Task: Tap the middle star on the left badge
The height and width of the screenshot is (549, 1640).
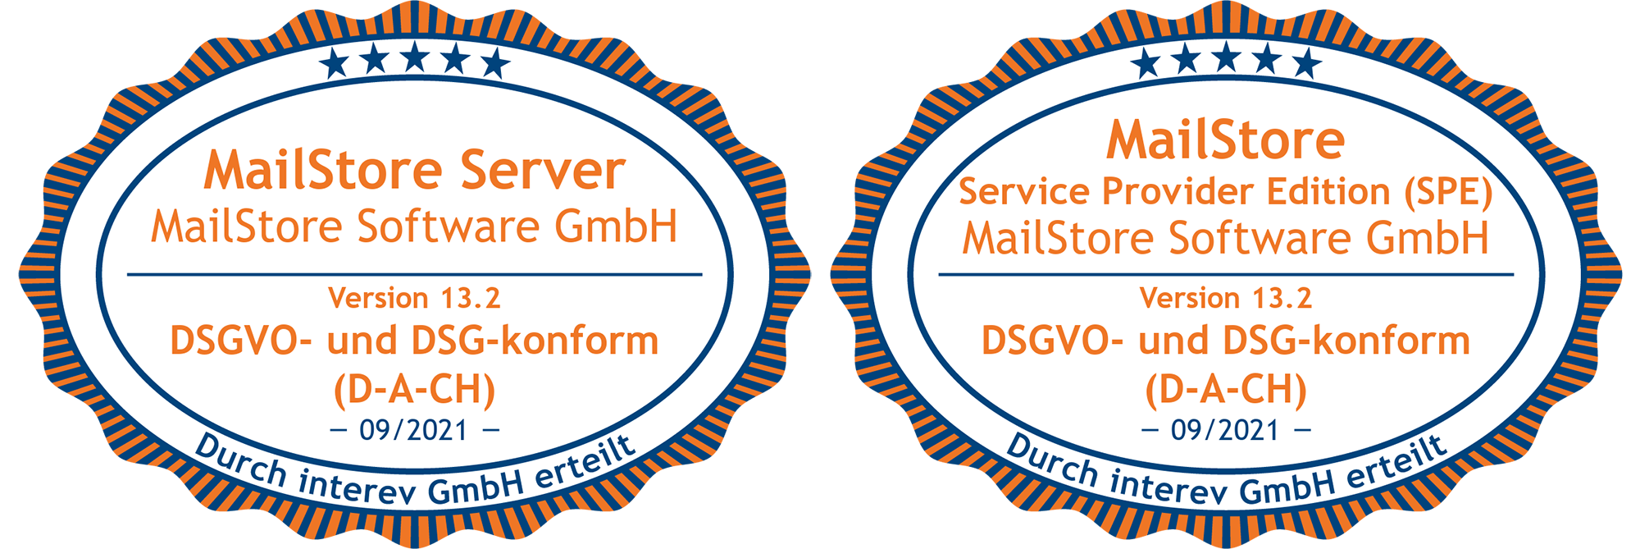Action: (415, 58)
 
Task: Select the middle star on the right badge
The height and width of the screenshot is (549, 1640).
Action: (1227, 58)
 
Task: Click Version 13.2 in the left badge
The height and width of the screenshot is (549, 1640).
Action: (414, 298)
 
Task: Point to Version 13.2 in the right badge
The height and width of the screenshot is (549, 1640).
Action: (1226, 298)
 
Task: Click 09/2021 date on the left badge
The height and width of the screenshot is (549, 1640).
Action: (414, 430)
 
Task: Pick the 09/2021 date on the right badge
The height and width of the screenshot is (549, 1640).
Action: (1225, 430)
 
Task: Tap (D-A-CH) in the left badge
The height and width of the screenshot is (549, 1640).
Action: (415, 390)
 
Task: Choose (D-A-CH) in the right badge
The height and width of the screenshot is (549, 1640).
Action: (1226, 390)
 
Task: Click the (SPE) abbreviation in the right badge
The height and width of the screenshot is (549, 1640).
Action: (1447, 192)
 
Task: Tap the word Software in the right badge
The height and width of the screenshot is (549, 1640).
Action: (1263, 238)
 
